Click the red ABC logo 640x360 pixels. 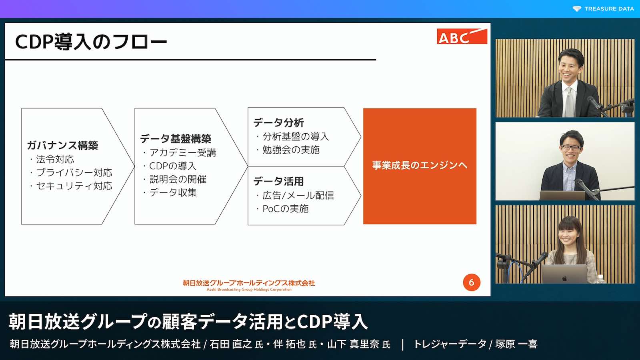click(462, 36)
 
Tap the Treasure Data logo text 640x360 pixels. click(609, 9)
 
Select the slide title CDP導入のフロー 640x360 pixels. click(91, 42)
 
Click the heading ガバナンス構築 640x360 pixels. click(62, 146)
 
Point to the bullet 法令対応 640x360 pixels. click(55, 159)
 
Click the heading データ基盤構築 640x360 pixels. click(176, 139)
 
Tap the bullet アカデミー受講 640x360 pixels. click(182, 153)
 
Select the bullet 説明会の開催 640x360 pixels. click(178, 180)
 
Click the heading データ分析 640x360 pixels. click(278, 123)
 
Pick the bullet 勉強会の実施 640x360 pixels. click(291, 150)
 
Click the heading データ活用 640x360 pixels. click(278, 182)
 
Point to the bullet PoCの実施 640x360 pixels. click(286, 209)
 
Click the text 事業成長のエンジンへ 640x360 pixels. click(420, 166)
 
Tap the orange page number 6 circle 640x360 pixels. click(472, 282)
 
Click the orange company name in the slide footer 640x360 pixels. click(249, 283)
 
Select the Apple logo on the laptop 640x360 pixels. click(564, 278)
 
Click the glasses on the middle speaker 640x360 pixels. click(571, 148)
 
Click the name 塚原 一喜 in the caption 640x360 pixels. click(516, 344)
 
